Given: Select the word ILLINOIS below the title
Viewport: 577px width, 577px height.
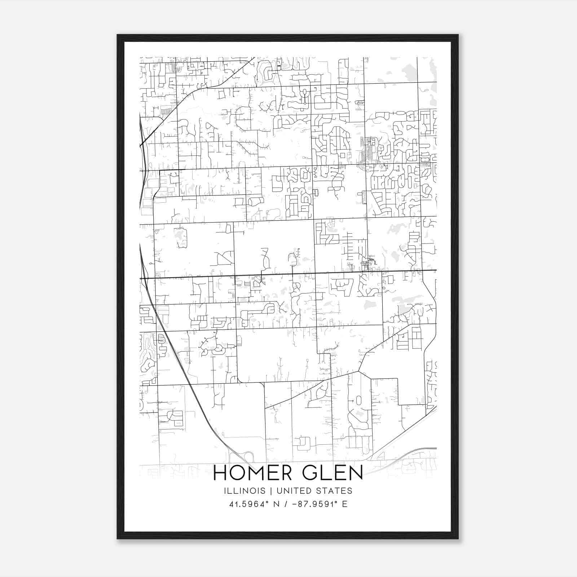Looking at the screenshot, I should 245,491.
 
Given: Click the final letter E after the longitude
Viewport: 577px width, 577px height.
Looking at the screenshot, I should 345,504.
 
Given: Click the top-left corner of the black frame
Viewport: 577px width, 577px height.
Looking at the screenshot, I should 118,35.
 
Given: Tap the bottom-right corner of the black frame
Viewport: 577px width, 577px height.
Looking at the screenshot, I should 458,539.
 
